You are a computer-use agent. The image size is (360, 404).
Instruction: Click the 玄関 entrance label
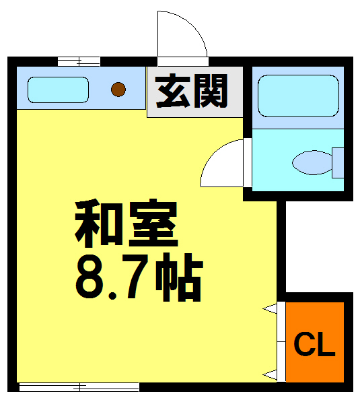tap(192, 91)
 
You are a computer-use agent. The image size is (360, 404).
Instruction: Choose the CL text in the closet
tap(314, 345)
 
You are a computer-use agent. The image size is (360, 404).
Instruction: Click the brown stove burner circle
tap(118, 88)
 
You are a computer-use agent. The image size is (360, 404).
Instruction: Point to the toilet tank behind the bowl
tap(338, 162)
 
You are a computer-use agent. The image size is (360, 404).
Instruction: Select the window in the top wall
tap(79, 62)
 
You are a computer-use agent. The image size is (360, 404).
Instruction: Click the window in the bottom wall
tap(79, 386)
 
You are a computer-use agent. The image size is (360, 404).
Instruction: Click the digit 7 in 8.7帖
tap(133, 277)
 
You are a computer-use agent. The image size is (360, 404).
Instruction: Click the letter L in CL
tap(325, 345)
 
